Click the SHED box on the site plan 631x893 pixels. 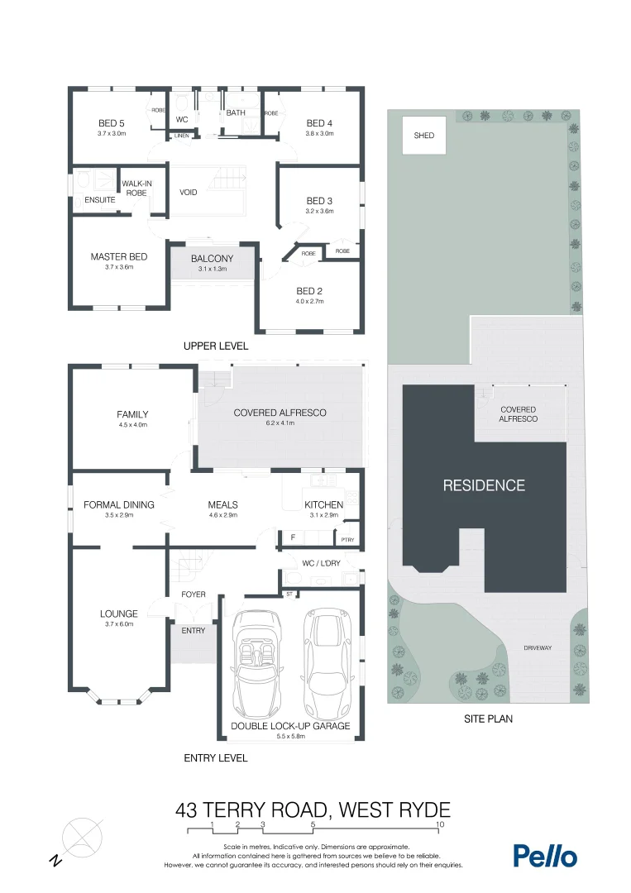(x=423, y=135)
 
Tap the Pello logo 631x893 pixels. (x=545, y=856)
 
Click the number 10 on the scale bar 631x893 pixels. (x=440, y=824)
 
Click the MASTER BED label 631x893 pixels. (x=118, y=256)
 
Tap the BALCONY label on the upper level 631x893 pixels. (x=212, y=259)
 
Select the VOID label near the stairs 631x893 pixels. (x=188, y=193)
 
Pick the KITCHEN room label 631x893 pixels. (x=323, y=504)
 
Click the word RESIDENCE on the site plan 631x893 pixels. (x=484, y=485)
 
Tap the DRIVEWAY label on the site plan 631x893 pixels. (x=537, y=648)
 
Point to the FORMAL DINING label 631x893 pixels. (x=119, y=504)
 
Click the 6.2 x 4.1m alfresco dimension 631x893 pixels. (x=280, y=423)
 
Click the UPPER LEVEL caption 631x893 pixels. (x=215, y=346)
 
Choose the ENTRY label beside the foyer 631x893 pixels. (x=193, y=630)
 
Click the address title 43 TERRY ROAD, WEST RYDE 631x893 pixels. (x=313, y=809)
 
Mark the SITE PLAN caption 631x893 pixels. (x=487, y=719)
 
